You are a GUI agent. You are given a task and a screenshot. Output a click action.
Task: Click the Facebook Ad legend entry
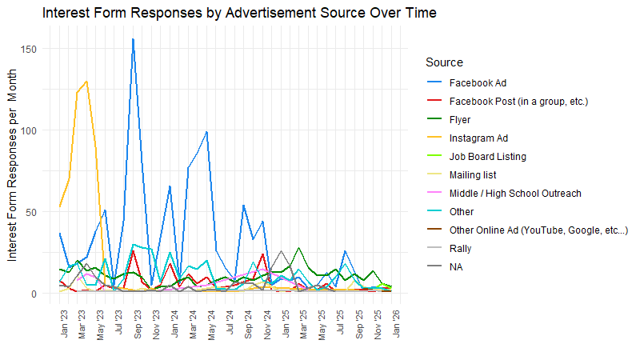click(478, 83)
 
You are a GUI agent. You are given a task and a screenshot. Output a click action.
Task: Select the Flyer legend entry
click(460, 120)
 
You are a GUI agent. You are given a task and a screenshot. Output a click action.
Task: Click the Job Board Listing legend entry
click(488, 157)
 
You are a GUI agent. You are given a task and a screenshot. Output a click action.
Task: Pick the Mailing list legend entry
click(473, 175)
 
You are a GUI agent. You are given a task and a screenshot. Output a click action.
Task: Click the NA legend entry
click(456, 267)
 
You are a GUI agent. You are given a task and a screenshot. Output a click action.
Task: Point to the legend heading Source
click(444, 62)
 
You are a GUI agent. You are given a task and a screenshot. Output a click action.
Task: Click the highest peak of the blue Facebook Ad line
click(133, 39)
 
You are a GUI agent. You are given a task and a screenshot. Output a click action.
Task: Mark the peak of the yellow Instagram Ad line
click(86, 81)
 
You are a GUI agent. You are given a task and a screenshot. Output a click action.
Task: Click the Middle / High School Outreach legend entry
click(515, 194)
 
